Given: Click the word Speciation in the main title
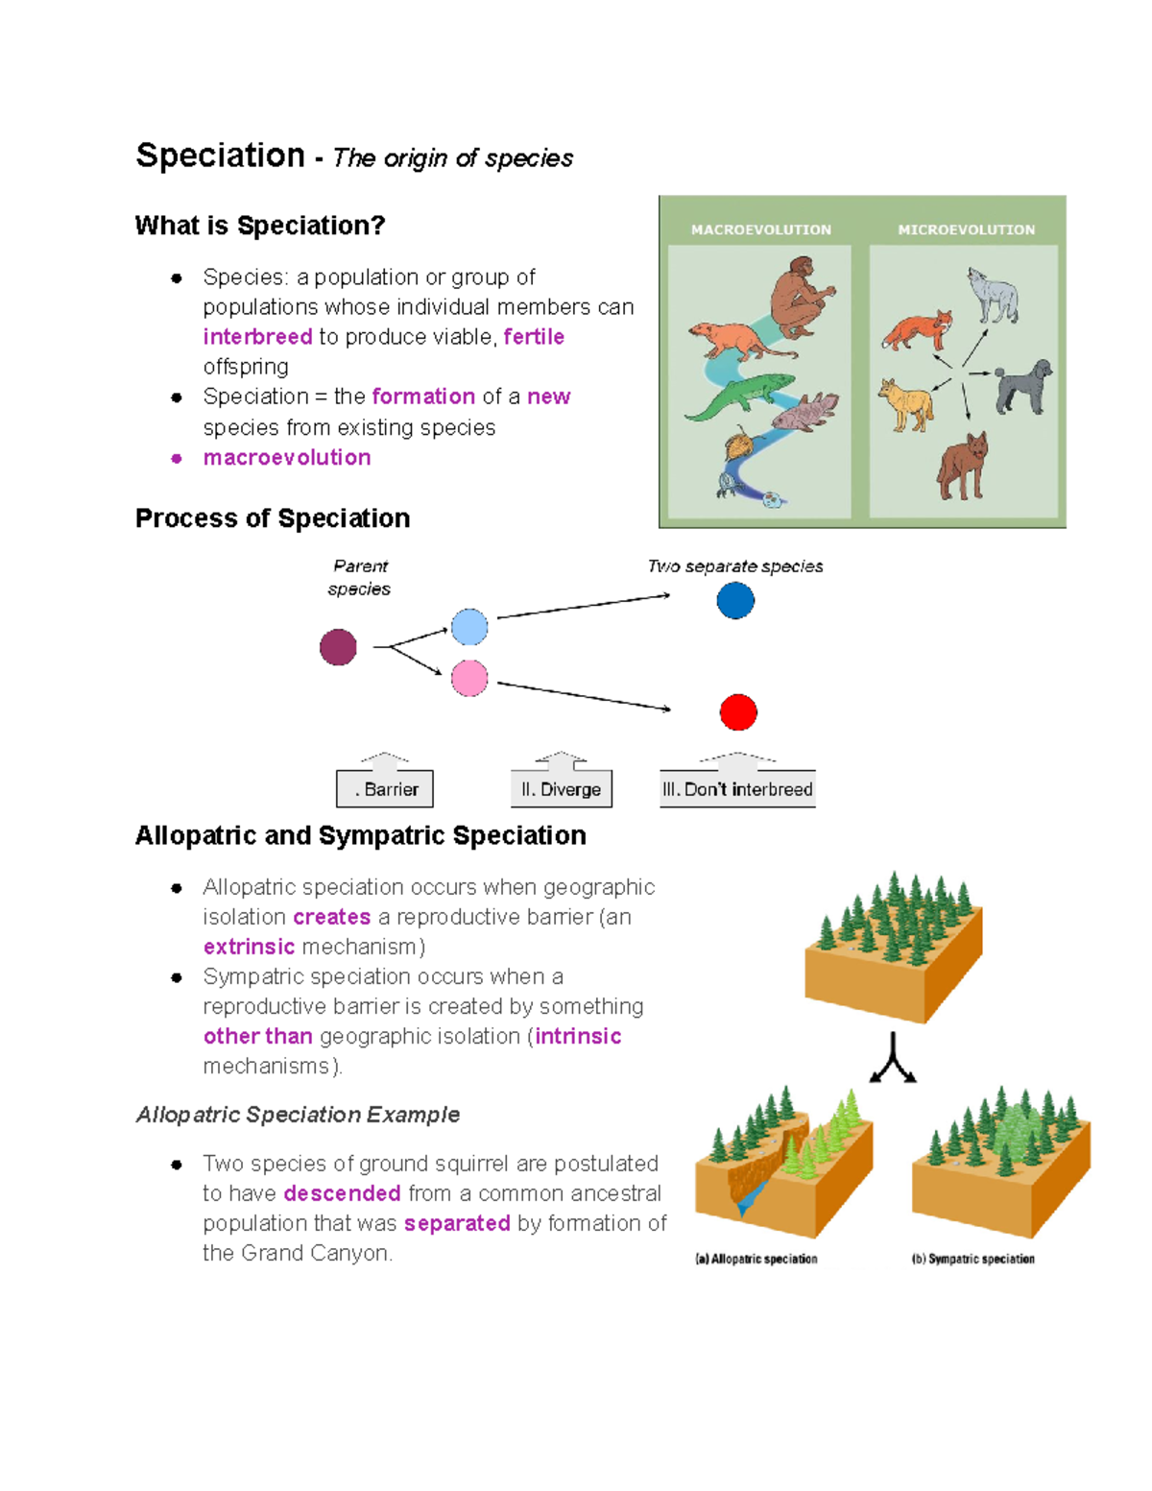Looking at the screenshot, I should [220, 156].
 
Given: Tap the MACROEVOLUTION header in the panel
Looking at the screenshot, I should [761, 230].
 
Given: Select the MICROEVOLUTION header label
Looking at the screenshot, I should [966, 230].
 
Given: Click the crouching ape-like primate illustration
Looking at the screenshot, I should [800, 297].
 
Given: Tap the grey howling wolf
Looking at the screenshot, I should [993, 296].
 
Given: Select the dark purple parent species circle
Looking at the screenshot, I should [338, 647].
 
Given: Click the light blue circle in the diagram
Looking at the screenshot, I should [469, 627].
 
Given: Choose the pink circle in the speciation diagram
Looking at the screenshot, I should [469, 679].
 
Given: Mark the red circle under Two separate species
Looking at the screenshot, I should [738, 712].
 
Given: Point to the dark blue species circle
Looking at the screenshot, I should [735, 601].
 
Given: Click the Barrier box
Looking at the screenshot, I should [385, 789].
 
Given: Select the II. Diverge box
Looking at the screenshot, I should [562, 789].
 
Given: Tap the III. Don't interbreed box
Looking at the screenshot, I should [737, 789].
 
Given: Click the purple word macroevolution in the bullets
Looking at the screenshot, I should [287, 458].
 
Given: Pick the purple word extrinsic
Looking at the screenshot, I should [249, 947].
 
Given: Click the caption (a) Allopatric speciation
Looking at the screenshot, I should [756, 1259].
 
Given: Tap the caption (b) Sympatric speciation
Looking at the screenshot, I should [973, 1259].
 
